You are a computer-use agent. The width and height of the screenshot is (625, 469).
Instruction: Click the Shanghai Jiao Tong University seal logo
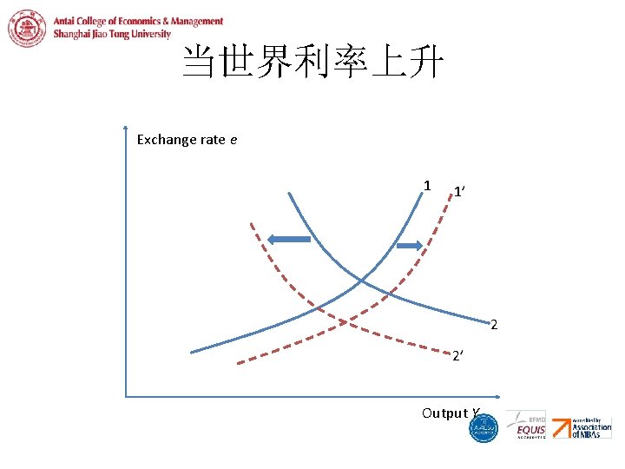[x=28, y=27]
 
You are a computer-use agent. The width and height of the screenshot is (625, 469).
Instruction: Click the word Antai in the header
[x=69, y=22]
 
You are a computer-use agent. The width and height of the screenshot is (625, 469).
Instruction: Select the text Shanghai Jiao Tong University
[x=112, y=34]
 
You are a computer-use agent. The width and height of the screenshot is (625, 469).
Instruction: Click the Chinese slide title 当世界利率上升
[x=312, y=63]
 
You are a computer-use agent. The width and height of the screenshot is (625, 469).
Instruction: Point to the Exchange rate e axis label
[x=187, y=139]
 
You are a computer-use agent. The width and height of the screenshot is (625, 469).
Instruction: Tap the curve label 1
[x=427, y=185]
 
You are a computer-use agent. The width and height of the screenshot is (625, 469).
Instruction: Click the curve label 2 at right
[x=494, y=326]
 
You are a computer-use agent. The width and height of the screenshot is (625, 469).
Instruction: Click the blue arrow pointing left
[x=287, y=239]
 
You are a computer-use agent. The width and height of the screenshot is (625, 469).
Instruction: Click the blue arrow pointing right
[x=409, y=247]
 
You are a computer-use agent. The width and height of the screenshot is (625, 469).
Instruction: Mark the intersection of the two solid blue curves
[x=361, y=280]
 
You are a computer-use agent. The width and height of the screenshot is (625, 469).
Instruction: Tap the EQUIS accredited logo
[x=530, y=426]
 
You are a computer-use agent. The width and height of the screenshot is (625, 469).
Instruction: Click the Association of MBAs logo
[x=590, y=427]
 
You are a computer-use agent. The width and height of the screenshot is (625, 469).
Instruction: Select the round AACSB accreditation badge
[x=484, y=427]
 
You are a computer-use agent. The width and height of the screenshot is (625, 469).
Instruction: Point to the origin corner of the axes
[x=127, y=397]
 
